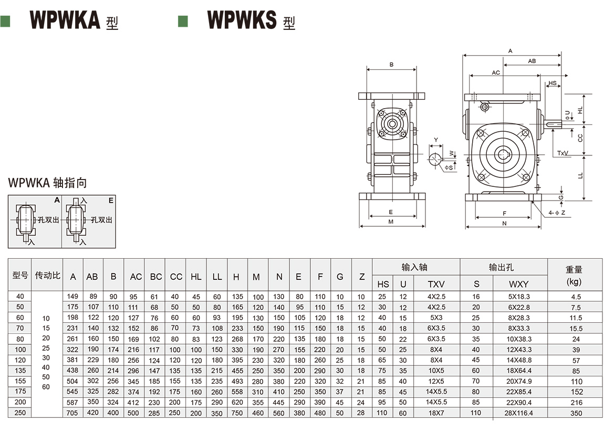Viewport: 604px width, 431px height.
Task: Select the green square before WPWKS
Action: point(183,20)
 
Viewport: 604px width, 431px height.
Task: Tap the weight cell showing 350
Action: point(576,413)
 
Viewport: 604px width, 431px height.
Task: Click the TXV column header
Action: point(436,284)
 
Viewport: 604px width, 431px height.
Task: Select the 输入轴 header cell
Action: point(415,267)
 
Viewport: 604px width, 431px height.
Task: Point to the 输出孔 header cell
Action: point(503,267)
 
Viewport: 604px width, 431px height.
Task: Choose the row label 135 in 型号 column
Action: point(20,370)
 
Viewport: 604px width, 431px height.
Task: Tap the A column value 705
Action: point(73,413)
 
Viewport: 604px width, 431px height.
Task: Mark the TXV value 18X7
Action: point(436,413)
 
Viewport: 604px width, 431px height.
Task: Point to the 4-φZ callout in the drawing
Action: point(557,213)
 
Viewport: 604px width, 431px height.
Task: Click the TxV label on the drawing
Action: point(564,153)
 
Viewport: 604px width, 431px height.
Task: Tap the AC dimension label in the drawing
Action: point(496,72)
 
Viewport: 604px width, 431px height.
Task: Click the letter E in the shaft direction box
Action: point(111,200)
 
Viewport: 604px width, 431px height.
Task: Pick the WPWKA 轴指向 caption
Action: point(47,183)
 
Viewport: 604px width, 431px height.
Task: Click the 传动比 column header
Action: point(47,275)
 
